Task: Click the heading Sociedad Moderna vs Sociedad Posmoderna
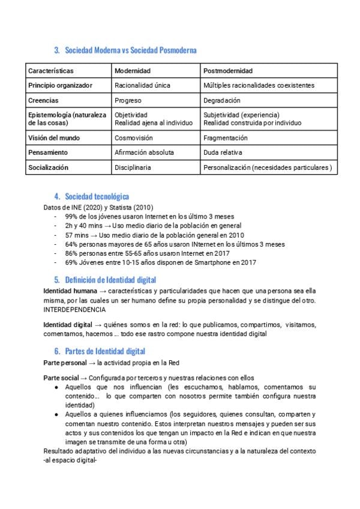point(130,50)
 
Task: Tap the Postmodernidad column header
point(228,71)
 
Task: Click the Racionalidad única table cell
point(142,86)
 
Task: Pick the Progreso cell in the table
point(128,100)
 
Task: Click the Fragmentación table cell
point(226,137)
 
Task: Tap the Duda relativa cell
point(223,152)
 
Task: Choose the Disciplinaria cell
point(133,167)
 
